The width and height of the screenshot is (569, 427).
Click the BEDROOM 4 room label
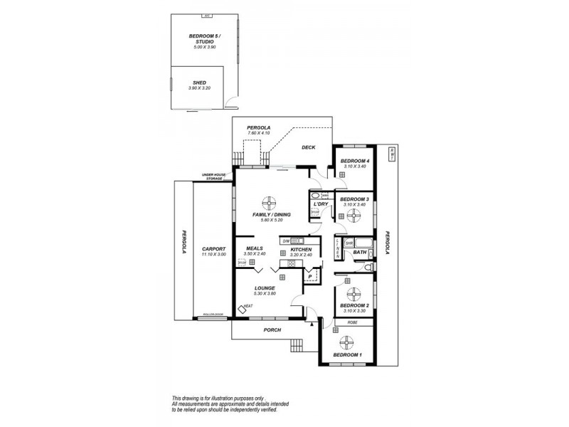click(x=354, y=162)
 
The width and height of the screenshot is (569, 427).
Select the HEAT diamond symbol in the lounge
click(x=242, y=308)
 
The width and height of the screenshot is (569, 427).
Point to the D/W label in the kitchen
click(x=285, y=241)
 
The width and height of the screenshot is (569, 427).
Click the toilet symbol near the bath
click(x=368, y=266)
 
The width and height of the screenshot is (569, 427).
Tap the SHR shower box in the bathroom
click(x=349, y=243)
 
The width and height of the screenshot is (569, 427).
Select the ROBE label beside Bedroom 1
click(x=352, y=322)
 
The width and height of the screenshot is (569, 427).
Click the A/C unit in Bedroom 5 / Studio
click(x=206, y=16)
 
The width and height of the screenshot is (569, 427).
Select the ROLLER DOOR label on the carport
click(x=213, y=314)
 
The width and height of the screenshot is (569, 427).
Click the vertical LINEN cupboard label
click(x=337, y=248)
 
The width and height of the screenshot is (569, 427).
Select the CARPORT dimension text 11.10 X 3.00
click(x=213, y=254)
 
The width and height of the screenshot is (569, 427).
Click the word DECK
click(x=308, y=147)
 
